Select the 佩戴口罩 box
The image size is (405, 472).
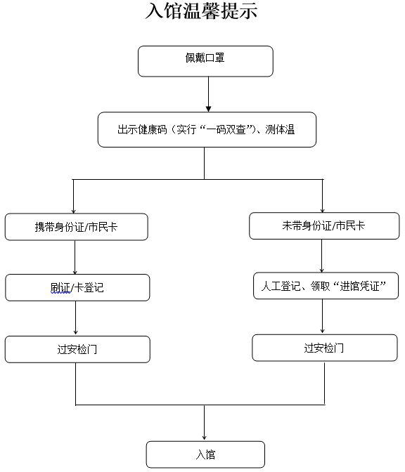[205, 61]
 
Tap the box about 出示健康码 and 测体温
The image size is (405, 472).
[207, 129]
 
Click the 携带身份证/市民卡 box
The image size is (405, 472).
[77, 226]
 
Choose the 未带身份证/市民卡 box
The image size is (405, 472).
[323, 225]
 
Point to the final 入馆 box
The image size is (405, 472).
[205, 454]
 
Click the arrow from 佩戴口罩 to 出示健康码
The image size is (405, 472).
[209, 93]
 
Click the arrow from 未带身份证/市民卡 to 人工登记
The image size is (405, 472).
[322, 256]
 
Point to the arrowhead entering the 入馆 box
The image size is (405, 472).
[205, 436]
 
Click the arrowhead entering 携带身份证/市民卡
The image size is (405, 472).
[74, 209]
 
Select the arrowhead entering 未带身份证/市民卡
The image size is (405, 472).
[322, 208]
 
